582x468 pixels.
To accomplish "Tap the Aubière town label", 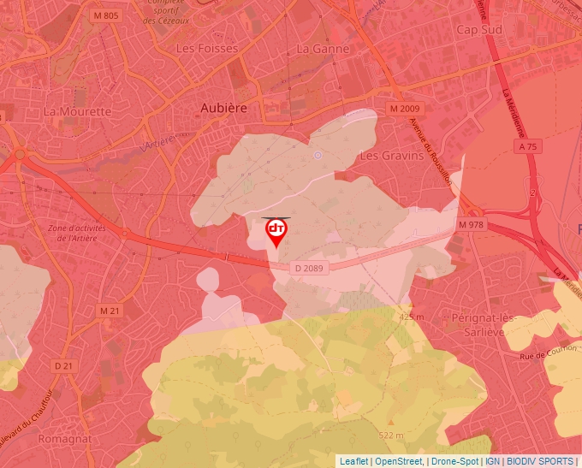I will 223,108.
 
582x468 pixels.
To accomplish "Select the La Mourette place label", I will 77,111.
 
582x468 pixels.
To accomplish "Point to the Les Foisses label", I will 206,49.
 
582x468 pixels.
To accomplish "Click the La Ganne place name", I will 323,49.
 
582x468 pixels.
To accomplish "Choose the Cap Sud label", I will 478,29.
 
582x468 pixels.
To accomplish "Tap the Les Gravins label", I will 391,156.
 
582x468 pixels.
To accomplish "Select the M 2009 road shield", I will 405,110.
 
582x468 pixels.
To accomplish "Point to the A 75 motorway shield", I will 528,147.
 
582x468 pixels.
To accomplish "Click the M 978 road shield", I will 472,224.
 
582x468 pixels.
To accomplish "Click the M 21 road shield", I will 110,310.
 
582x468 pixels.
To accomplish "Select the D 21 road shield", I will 63,365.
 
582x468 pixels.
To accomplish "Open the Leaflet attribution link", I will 354,461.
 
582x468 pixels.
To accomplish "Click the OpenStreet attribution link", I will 399,461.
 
